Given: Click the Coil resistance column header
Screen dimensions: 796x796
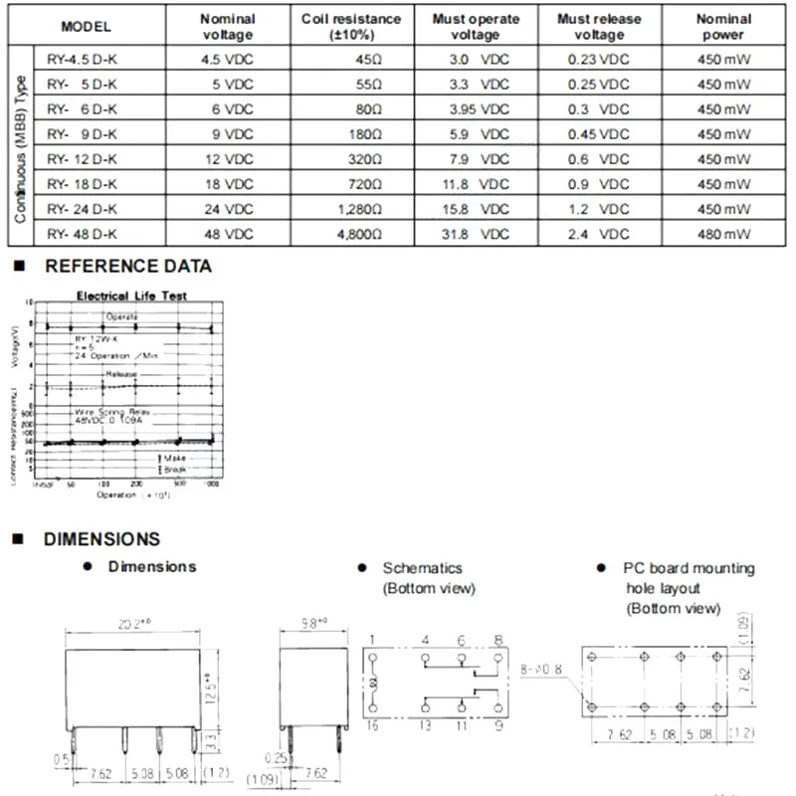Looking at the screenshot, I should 351,27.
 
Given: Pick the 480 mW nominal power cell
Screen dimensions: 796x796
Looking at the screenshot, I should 723,234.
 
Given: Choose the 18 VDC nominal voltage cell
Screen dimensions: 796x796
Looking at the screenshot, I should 227,184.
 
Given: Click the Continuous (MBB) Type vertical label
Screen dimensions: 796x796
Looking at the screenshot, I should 21,146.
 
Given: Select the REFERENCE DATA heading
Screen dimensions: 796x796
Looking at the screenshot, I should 128,267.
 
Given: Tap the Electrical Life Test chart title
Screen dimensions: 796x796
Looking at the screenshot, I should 132,296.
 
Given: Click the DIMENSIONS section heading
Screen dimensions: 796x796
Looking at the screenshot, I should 101,539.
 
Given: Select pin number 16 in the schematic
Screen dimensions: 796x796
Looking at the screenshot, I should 371,727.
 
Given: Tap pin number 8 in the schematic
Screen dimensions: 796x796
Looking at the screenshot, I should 498,640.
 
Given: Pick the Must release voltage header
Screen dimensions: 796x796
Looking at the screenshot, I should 598,27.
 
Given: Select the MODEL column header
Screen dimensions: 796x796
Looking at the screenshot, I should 86,27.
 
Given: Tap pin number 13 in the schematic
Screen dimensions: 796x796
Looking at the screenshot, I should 425,727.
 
